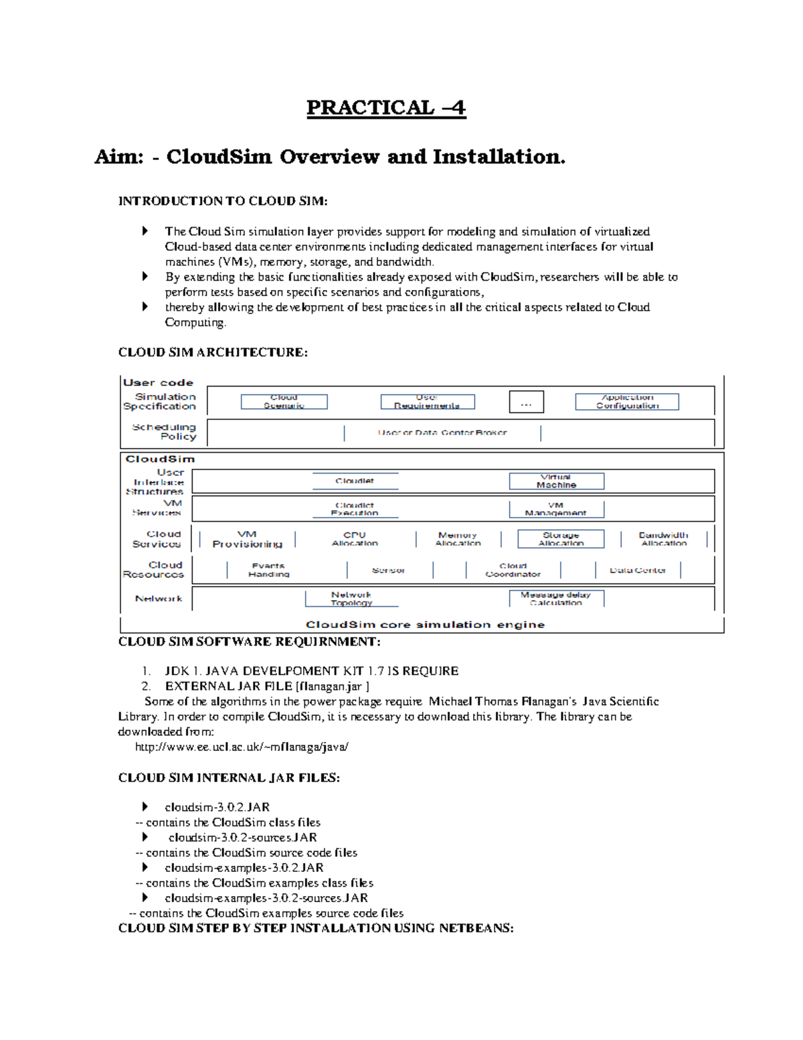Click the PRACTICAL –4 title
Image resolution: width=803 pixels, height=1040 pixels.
pos(386,108)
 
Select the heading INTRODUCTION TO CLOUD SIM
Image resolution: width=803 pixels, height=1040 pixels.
pos(223,201)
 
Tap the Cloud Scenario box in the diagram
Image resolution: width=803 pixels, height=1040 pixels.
pos(284,401)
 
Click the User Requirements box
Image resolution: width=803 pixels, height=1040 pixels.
pos(427,401)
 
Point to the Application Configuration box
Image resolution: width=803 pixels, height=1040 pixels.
pos(627,401)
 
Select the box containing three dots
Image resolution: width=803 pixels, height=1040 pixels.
pos(526,402)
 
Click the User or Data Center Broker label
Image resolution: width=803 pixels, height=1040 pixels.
pos(442,433)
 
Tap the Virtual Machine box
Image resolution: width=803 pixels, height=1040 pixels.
pos(556,481)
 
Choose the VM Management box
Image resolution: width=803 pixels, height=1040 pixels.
pos(556,509)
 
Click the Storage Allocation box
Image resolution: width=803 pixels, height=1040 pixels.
pos(561,539)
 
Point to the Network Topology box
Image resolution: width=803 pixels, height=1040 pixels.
pos(351,598)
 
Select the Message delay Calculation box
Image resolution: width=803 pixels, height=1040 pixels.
pos(556,598)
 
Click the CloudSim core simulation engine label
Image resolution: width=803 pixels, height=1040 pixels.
pos(425,624)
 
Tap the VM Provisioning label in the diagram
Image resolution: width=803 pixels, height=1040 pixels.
pos(247,539)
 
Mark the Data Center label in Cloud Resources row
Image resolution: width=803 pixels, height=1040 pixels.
pos(637,570)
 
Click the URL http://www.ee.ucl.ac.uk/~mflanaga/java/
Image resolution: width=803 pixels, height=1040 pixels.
pos(242,747)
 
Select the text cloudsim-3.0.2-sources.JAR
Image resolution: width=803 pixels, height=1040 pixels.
pos(242,838)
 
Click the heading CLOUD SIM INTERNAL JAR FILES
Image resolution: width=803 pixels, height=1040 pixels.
pos(229,777)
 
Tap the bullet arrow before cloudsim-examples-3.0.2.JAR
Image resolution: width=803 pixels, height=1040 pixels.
pos(145,868)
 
